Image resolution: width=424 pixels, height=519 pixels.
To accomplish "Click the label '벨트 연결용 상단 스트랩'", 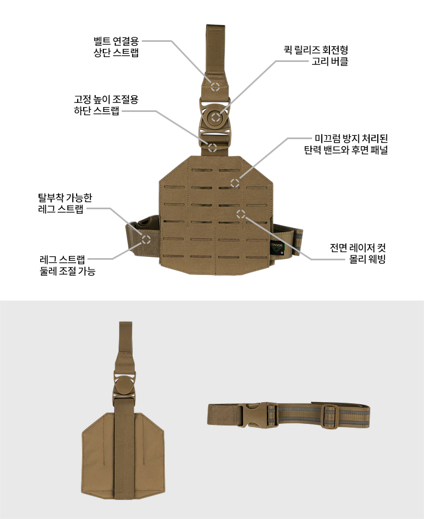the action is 116,47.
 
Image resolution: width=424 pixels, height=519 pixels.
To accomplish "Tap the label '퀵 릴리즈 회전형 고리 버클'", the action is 316,55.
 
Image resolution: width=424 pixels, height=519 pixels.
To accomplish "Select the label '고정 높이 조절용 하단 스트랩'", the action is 106,105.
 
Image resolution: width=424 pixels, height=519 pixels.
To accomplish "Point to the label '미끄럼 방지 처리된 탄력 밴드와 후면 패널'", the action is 346,144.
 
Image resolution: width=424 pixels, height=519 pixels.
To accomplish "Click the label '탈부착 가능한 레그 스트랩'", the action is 65,203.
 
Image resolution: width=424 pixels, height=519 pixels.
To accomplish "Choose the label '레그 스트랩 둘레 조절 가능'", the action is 67,265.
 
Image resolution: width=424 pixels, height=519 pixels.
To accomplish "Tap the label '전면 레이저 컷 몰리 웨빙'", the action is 358,253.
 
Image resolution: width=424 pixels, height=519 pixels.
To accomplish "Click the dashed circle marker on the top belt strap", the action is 215,87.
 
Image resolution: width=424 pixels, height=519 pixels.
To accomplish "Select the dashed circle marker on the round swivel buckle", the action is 216,117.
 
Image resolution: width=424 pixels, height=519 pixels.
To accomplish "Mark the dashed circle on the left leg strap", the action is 146,239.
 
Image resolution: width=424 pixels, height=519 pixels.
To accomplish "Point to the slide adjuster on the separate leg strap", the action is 329,416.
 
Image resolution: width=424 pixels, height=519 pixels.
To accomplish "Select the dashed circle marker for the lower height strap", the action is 212,148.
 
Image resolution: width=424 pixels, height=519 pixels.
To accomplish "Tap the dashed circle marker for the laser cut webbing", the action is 241,214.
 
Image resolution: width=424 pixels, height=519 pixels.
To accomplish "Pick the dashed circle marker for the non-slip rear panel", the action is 235,183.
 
